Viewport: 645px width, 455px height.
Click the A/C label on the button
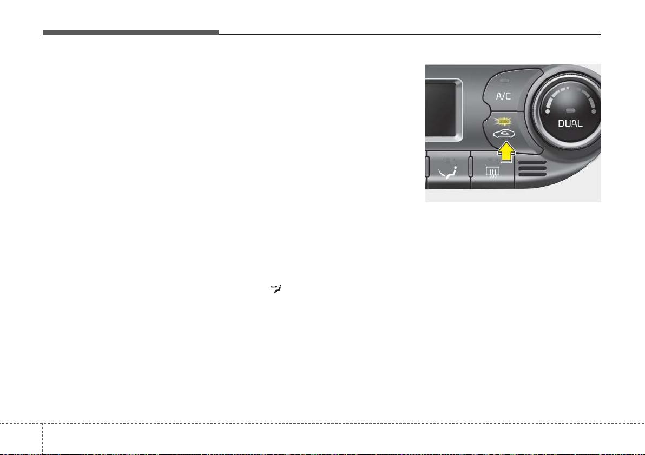click(x=503, y=96)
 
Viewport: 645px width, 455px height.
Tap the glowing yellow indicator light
click(x=503, y=121)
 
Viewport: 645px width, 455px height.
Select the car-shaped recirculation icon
click(x=503, y=134)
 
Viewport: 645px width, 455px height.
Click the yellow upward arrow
click(x=506, y=152)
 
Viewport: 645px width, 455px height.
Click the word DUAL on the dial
click(x=570, y=123)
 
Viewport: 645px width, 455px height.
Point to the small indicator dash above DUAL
click(x=570, y=110)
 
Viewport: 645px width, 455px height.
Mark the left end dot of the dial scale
click(x=548, y=111)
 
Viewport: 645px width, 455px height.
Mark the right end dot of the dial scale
click(x=593, y=111)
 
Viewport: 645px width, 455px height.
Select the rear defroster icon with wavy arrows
click(x=492, y=172)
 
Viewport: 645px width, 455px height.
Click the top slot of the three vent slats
click(x=532, y=163)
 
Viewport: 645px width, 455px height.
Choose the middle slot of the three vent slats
click(x=532, y=169)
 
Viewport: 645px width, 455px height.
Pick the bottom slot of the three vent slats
click(x=532, y=174)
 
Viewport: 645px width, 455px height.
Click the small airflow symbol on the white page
click(x=276, y=289)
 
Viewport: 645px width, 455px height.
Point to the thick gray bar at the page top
click(x=130, y=32)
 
